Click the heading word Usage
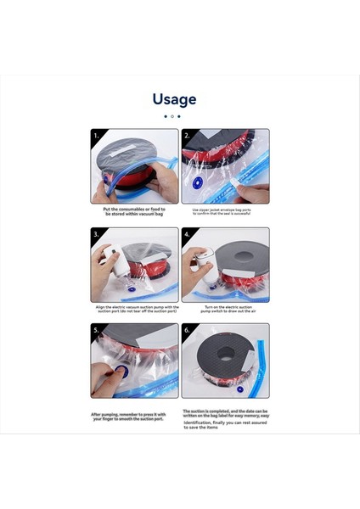[175, 99]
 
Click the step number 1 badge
[96, 135]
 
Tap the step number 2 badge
[188, 135]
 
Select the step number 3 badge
[96, 233]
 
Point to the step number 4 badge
[188, 233]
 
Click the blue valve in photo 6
[240, 389]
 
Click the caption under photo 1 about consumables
[134, 212]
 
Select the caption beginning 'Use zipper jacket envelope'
[225, 212]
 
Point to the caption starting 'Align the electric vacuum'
[134, 310]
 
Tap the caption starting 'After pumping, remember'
[134, 417]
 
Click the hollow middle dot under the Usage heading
[172, 116]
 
